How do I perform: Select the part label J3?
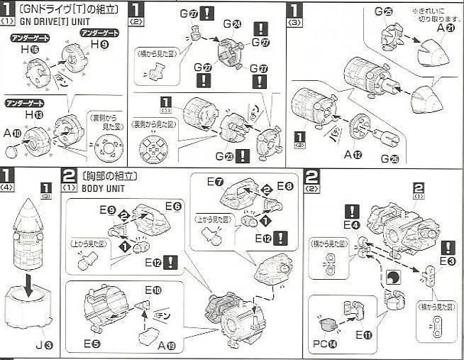pyautogui.click(x=43, y=346)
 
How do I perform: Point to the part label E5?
pyautogui.click(x=90, y=343)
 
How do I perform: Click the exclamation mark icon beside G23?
pyautogui.click(x=242, y=156)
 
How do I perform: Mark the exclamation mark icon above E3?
pyautogui.click(x=447, y=247)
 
